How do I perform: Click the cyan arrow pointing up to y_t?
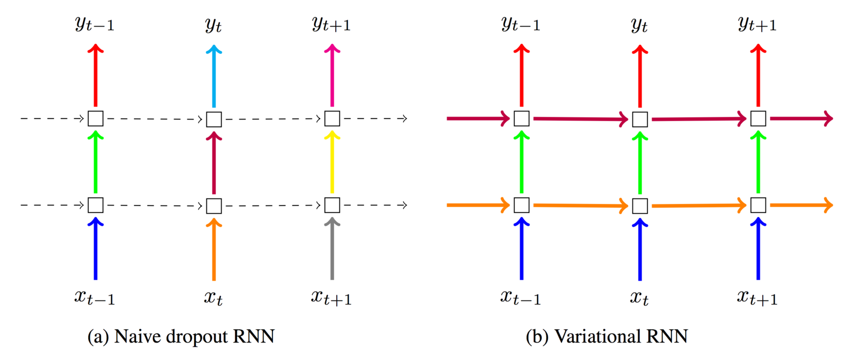click(214, 77)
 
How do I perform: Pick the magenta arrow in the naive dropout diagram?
click(332, 77)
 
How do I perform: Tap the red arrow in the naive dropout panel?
click(96, 77)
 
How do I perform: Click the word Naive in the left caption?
click(137, 337)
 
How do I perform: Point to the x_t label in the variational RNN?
click(639, 298)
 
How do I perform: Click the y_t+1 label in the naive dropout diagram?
click(331, 24)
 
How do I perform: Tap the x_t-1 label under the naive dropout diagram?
click(95, 298)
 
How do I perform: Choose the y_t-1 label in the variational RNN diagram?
click(521, 24)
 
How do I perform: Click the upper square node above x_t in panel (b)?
click(640, 119)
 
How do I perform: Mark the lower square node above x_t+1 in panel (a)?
click(332, 205)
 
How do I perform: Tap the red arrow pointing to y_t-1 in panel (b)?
click(522, 77)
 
